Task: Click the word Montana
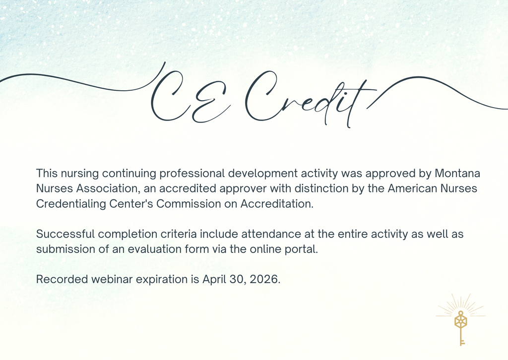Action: pyautogui.click(x=457, y=174)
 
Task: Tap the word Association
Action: pyautogui.click(x=104, y=189)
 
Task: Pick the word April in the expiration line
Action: pyautogui.click(x=214, y=279)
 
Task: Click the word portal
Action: pyautogui.click(x=301, y=249)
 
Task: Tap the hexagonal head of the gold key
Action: pyautogui.click(x=461, y=321)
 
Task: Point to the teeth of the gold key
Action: pyautogui.click(x=463, y=342)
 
